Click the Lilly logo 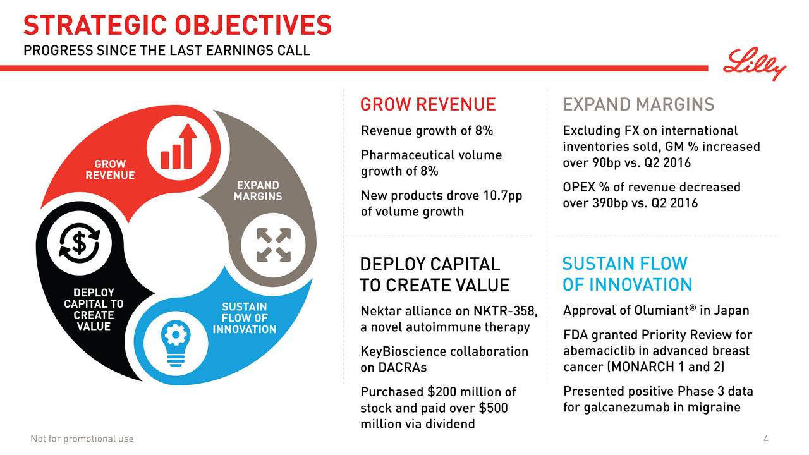coord(755,64)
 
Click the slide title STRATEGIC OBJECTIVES coord(177,25)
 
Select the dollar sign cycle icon coord(80,243)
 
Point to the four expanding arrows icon coord(274,245)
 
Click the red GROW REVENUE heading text coord(427,104)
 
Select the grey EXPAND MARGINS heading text coord(638,104)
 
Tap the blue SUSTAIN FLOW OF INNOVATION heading coord(626,274)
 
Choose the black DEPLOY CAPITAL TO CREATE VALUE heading coord(434,274)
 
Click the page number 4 coord(765,439)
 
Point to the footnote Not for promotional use coord(82,439)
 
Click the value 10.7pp coord(502,195)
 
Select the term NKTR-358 coord(506,311)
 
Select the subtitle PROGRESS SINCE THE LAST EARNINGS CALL coord(167,50)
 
